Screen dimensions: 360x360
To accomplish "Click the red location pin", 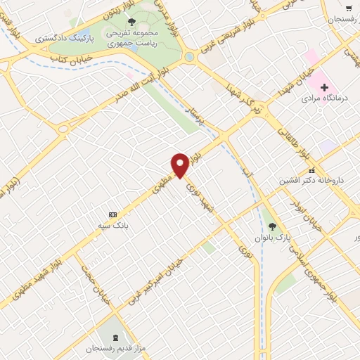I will pos(180,165).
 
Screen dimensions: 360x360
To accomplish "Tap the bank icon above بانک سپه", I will pos(112,214).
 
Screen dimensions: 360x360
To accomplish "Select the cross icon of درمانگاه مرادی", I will pos(324,87).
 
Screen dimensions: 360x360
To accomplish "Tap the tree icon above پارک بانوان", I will pos(273,226).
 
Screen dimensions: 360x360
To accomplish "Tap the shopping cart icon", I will pos(349,8).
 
